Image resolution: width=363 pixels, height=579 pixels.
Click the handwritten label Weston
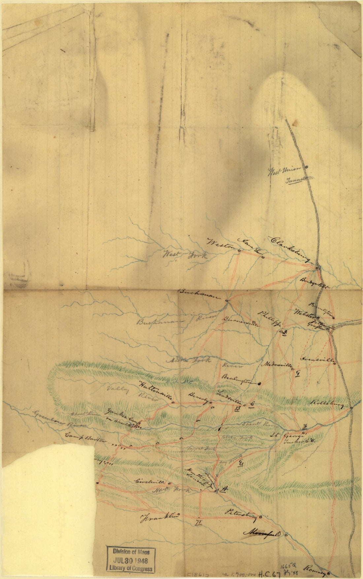point(218,244)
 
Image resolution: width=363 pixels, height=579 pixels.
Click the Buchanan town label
point(199,295)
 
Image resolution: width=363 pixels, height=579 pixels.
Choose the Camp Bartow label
point(85,440)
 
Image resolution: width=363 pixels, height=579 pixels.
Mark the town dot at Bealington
point(259,383)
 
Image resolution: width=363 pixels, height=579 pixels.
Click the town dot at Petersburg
point(260,517)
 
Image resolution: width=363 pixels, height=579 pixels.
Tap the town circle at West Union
point(307,167)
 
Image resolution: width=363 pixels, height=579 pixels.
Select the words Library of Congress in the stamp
point(131,568)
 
